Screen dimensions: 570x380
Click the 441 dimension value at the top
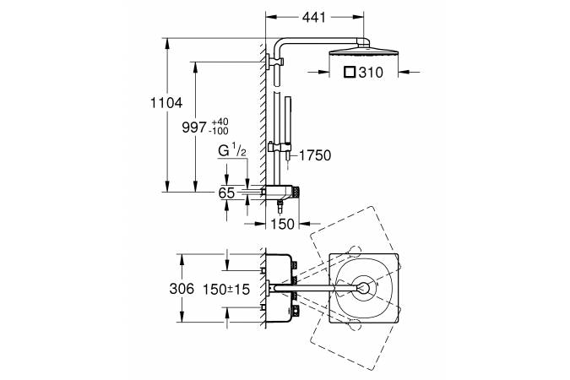point(314,17)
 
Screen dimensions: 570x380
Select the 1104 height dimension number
point(166,103)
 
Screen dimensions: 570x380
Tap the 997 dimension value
point(194,128)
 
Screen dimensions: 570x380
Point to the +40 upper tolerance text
point(220,122)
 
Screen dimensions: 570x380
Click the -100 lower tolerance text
point(219,131)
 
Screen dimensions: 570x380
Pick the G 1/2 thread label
point(231,151)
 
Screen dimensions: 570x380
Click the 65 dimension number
point(226,193)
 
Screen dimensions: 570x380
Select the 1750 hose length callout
point(315,155)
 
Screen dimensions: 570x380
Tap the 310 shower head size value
point(371,73)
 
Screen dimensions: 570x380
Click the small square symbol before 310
point(350,72)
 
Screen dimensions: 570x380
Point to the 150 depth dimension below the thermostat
point(282,224)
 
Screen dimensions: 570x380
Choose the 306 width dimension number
point(182,289)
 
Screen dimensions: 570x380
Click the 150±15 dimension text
point(226,290)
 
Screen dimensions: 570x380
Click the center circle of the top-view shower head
point(362,288)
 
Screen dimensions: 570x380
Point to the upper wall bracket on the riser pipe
point(274,62)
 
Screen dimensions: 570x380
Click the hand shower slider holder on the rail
point(280,148)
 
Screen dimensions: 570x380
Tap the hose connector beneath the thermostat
point(280,207)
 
